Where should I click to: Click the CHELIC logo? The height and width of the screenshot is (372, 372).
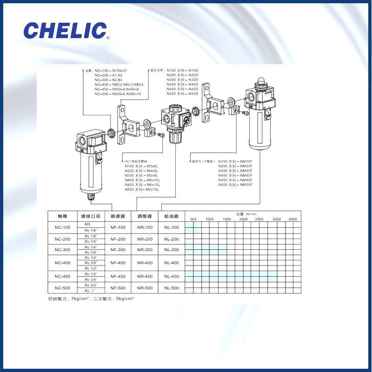click(66, 31)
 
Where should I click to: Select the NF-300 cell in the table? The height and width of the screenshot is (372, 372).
click(118, 250)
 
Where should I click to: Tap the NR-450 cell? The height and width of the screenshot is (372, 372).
click(145, 276)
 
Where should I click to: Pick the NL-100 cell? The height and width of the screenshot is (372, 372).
click(171, 227)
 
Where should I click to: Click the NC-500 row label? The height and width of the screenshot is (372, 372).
click(63, 288)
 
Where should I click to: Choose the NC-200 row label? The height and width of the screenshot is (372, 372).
click(63, 239)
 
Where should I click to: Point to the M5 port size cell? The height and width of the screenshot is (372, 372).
click(87, 224)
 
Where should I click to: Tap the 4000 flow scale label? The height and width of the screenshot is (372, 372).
click(292, 219)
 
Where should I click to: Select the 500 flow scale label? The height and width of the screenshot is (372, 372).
click(193, 219)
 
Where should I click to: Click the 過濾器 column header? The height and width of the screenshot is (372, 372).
click(118, 216)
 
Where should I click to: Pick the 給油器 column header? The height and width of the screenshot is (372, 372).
click(171, 216)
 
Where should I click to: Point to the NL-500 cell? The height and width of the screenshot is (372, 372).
click(171, 288)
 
